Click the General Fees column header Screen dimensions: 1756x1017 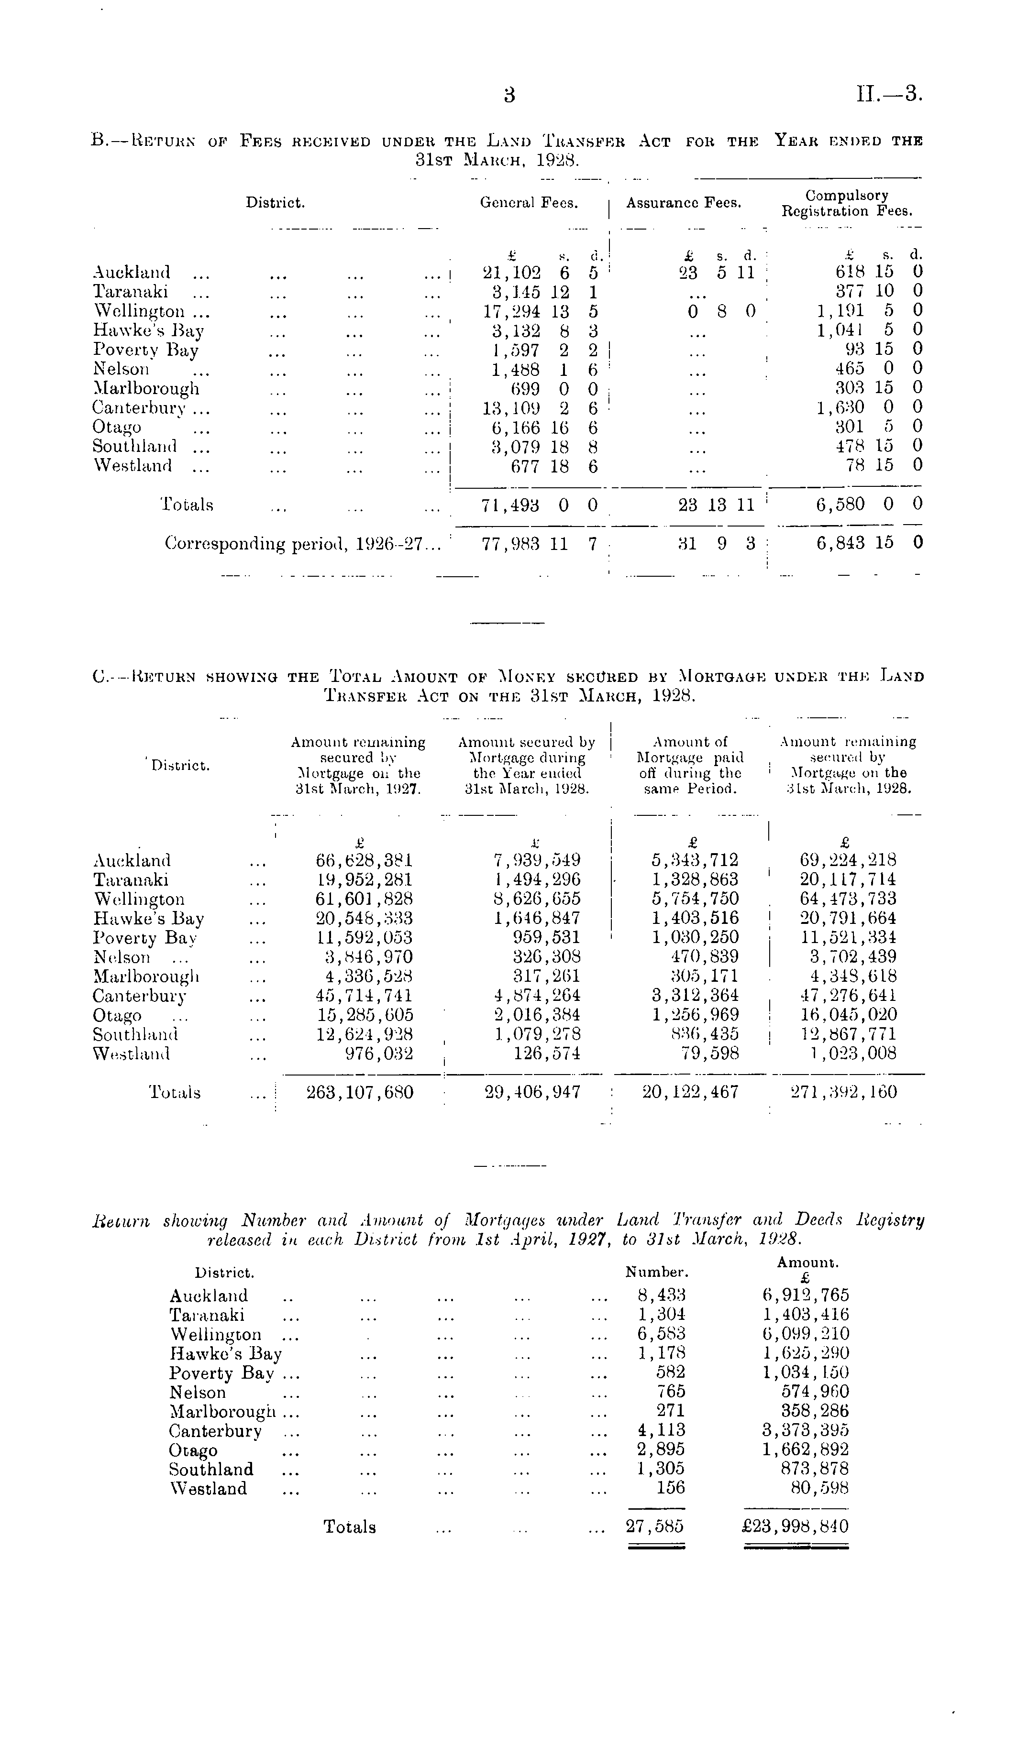coord(529,203)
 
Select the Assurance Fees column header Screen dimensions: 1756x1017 coord(683,203)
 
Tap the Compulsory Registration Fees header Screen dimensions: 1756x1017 coord(846,203)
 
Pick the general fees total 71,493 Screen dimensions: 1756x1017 coord(511,505)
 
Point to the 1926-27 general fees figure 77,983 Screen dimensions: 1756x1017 coord(511,544)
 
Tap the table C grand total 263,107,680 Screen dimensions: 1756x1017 coord(360,1092)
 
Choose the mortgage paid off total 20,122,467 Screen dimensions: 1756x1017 coord(690,1092)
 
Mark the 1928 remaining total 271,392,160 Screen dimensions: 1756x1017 coord(844,1092)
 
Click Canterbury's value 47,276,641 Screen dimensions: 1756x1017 coord(848,996)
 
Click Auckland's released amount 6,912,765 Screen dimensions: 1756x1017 coord(806,1295)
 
